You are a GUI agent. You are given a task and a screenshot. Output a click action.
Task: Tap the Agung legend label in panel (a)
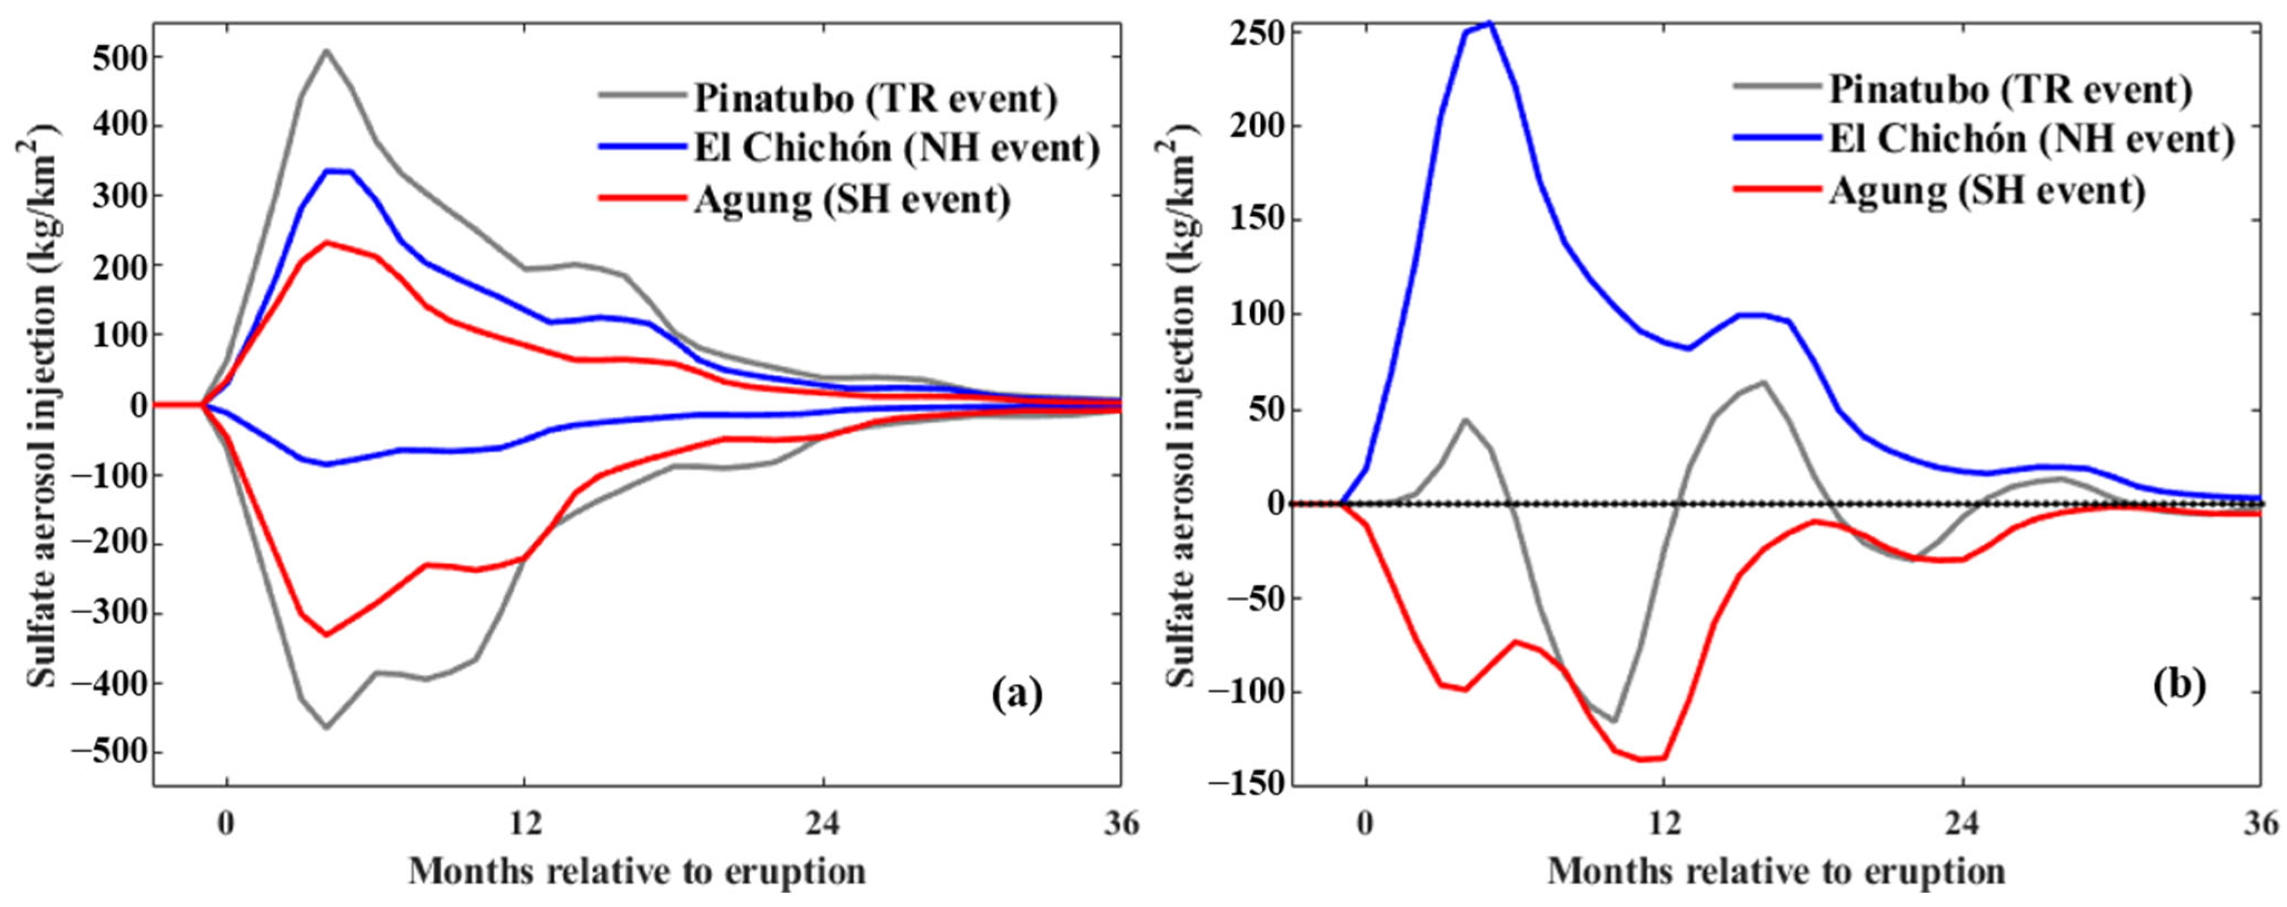click(x=853, y=201)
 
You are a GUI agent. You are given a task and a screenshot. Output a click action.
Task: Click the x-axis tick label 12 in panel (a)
click(x=525, y=824)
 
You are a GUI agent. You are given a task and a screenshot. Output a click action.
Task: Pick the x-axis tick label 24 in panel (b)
click(x=1962, y=824)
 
